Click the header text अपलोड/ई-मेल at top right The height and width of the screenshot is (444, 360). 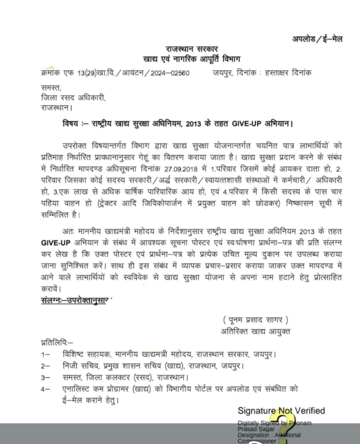[x=317, y=39]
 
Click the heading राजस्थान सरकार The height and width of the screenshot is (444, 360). [x=192, y=49]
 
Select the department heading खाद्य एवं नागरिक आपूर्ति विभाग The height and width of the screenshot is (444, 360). [x=192, y=59]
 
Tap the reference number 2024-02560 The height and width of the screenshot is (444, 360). [x=170, y=73]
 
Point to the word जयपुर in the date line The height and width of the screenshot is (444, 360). [x=223, y=73]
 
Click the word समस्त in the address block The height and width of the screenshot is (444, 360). [x=51, y=88]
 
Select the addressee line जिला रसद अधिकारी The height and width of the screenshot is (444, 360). [x=73, y=98]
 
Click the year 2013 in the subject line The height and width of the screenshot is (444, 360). [x=193, y=124]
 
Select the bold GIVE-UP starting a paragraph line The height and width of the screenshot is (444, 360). [x=56, y=243]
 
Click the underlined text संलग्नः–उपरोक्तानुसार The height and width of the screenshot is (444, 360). [x=75, y=300]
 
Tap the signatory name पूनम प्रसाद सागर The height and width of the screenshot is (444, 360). [x=256, y=320]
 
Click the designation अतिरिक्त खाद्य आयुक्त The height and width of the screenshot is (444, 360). [x=255, y=331]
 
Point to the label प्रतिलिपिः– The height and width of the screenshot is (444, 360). [x=57, y=342]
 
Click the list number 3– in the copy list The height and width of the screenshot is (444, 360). [x=45, y=378]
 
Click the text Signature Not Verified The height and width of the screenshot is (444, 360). [x=281, y=411]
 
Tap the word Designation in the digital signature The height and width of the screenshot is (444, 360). [x=253, y=435]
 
